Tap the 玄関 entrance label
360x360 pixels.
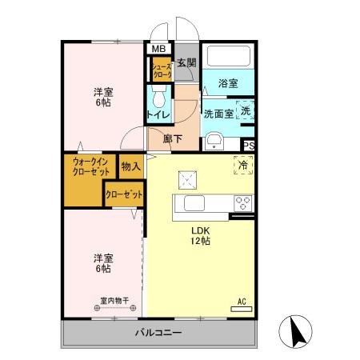pos(186,63)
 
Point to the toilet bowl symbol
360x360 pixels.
pos(158,98)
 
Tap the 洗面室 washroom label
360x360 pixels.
pos(218,114)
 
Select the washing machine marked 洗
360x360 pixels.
pos(246,112)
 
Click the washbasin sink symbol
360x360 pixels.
pos(214,141)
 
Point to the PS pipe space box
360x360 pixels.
pos(249,145)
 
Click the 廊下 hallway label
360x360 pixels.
pos(172,138)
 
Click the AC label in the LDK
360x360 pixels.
pos(241,302)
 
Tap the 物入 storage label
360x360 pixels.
pos(130,166)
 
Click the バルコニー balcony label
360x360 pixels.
pos(158,333)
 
